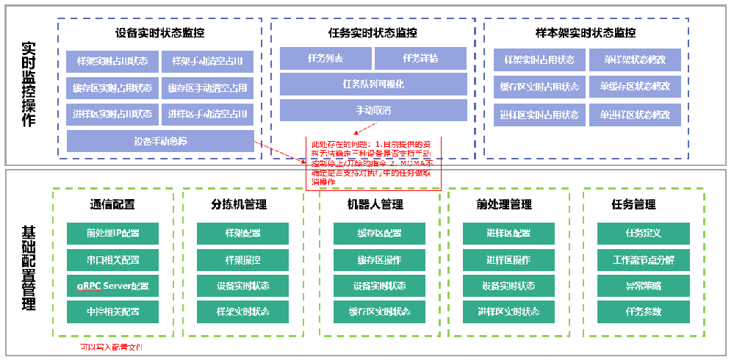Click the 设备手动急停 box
click(160, 141)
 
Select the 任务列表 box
click(325, 59)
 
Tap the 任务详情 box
click(420, 59)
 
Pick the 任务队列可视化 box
click(373, 84)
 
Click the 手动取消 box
click(373, 110)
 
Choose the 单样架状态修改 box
click(636, 60)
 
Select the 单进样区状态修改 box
click(636, 115)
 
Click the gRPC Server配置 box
click(112, 286)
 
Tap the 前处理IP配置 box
click(112, 234)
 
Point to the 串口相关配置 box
click(112, 260)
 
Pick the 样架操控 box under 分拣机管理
click(242, 260)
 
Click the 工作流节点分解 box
click(643, 260)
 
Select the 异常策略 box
click(643, 286)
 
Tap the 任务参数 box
click(643, 312)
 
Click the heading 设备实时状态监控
click(160, 33)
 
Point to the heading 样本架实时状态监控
click(586, 33)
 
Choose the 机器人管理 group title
click(375, 204)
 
